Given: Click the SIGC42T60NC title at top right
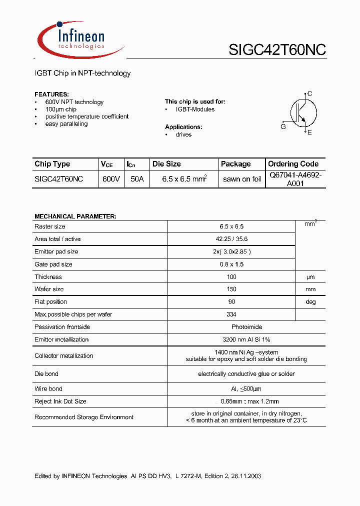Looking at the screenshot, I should click(x=277, y=50).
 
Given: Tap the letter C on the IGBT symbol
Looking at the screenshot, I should click(x=310, y=93).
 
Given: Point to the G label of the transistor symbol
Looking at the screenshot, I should click(x=283, y=127).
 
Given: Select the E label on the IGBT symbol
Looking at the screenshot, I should click(x=309, y=132).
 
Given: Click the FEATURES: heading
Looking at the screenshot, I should click(x=51, y=94).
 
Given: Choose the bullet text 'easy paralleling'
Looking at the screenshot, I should click(x=66, y=124).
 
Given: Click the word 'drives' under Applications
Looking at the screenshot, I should click(x=183, y=134).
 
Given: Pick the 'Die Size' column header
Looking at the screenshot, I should click(x=166, y=164).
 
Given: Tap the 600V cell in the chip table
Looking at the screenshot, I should click(x=110, y=179).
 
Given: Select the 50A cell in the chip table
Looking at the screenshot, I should click(x=136, y=179).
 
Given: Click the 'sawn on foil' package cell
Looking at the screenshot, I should click(x=242, y=179).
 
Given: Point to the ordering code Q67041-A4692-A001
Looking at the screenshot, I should click(x=295, y=179).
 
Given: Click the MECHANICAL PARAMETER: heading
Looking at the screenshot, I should click(x=75, y=216).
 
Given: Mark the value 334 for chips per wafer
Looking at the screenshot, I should click(x=231, y=314).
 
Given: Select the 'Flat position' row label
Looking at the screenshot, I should click(x=50, y=302).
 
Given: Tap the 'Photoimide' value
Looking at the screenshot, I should click(x=231, y=327).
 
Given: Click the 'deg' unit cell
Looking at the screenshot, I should click(x=310, y=302).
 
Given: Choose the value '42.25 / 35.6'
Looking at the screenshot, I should click(x=231, y=239).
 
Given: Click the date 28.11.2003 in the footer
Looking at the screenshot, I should click(x=244, y=476).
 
